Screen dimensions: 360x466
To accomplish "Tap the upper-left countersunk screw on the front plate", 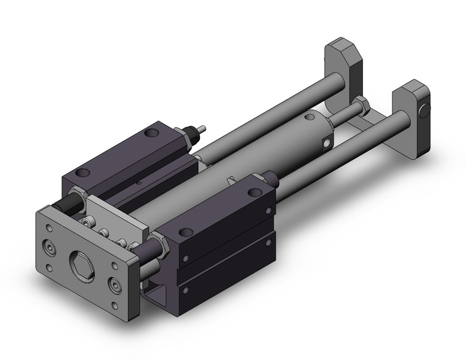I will coord(48,247).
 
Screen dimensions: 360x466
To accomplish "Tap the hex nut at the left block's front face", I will coord(77,197).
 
